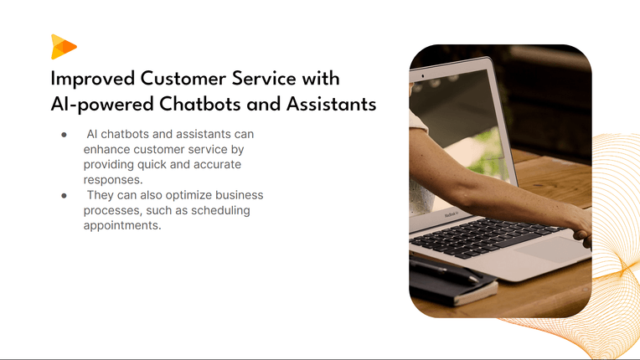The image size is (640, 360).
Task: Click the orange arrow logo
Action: click(64, 47)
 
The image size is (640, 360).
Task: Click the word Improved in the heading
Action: click(93, 79)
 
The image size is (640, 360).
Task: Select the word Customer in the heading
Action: click(183, 78)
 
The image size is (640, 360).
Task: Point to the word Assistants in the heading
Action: click(331, 104)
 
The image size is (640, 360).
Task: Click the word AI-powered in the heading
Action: click(102, 105)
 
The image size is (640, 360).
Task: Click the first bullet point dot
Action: click(64, 135)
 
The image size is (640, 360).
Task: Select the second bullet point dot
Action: click(64, 196)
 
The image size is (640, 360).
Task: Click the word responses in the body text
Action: click(113, 180)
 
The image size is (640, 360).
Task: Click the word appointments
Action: click(122, 226)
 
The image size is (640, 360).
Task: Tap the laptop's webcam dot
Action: click(423, 76)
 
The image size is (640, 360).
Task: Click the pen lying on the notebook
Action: click(444, 270)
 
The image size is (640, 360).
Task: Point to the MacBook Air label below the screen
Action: click(452, 213)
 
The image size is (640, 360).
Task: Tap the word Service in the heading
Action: click(264, 78)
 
